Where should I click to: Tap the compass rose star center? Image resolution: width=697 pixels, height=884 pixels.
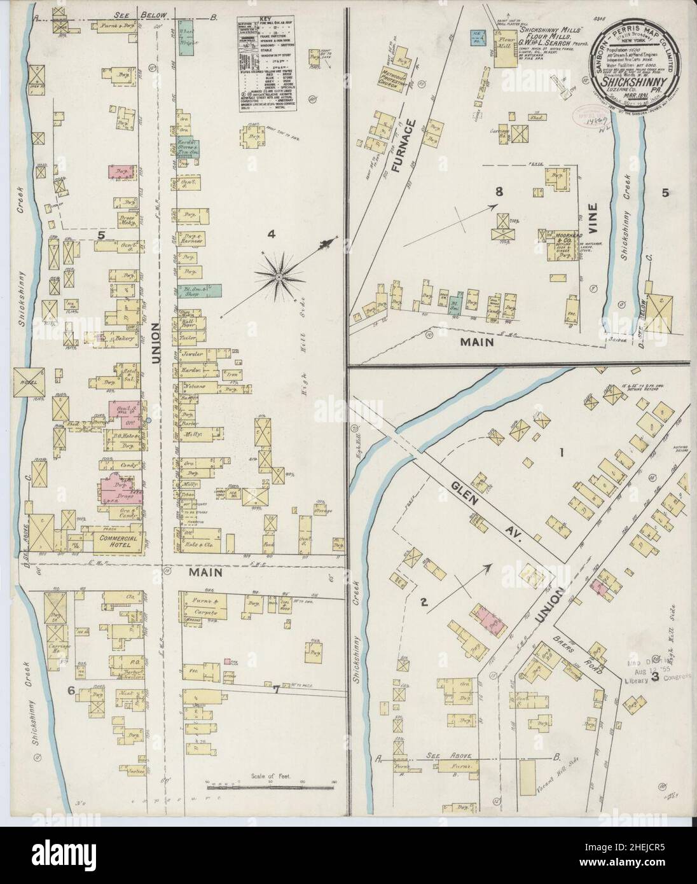point(279,277)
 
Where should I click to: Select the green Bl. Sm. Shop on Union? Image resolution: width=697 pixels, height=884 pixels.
point(207,291)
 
